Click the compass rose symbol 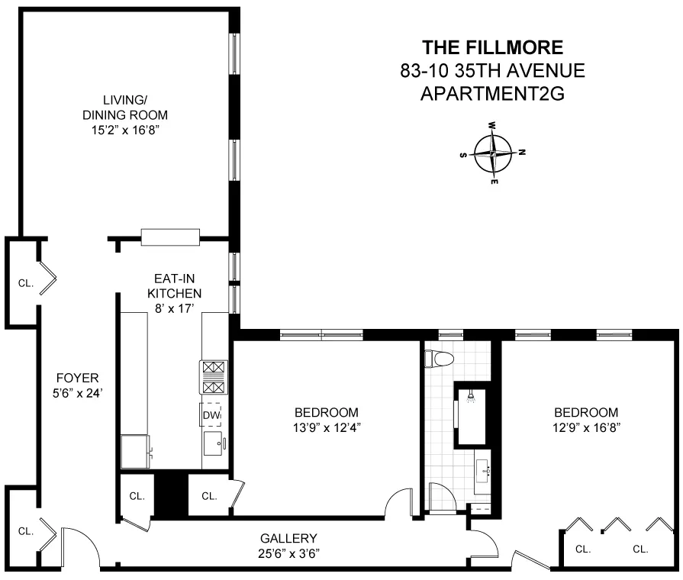point(494,153)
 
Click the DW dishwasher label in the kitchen point(211,414)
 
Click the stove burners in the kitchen point(211,378)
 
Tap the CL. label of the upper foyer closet point(26,283)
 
